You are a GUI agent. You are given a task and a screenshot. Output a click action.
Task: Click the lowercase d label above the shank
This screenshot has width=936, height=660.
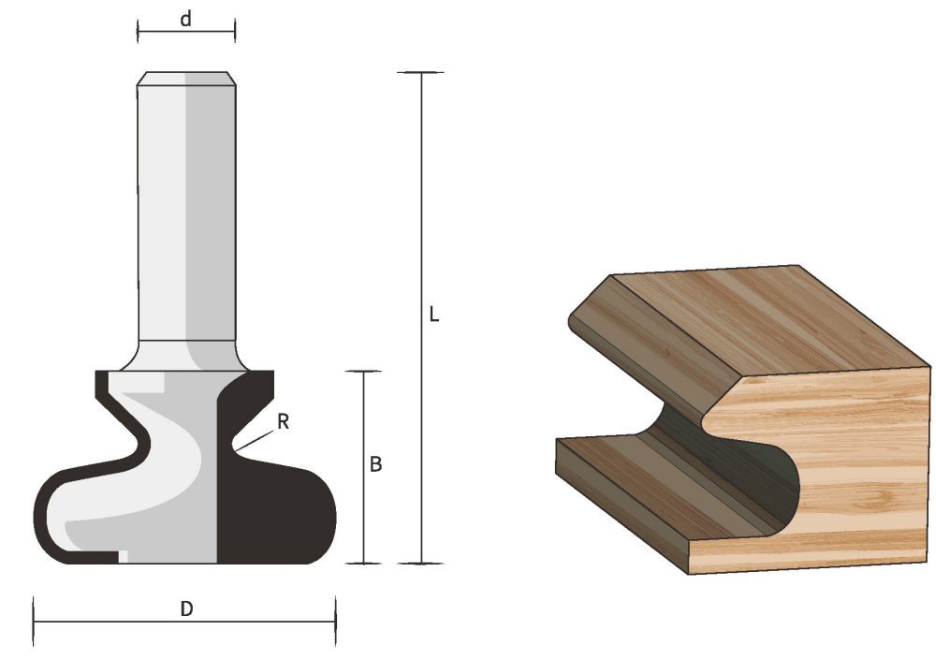[x=186, y=19]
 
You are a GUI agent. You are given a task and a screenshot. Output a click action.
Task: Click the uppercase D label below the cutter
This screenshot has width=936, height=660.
[x=186, y=609]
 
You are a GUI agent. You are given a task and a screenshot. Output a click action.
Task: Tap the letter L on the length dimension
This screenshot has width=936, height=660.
[x=433, y=315]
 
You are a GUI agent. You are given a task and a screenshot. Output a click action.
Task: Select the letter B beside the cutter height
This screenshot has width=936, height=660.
[x=375, y=464]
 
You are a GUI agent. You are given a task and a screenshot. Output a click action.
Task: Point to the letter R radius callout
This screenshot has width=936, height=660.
[x=283, y=422]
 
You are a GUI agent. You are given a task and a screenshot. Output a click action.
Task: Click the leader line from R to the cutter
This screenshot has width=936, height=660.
[x=255, y=440]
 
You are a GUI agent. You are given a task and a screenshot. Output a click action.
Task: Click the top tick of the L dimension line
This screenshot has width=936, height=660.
[x=420, y=73]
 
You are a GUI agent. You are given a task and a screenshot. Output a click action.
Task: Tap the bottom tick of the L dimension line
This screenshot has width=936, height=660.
[x=420, y=564]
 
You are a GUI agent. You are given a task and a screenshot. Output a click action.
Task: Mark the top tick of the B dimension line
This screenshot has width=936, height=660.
[x=363, y=372]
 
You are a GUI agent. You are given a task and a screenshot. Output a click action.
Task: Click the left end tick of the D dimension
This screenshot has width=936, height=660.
[x=34, y=621]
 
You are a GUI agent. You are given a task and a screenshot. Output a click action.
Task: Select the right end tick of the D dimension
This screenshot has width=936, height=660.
[x=335, y=621]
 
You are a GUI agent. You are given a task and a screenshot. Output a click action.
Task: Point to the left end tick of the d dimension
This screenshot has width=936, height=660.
[x=138, y=31]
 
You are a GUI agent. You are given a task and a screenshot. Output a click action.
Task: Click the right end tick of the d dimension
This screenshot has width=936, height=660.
[x=235, y=31]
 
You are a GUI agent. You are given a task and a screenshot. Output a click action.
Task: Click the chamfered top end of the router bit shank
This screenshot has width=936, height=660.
[x=186, y=79]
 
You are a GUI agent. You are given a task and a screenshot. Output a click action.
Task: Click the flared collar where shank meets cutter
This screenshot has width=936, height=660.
[x=186, y=356]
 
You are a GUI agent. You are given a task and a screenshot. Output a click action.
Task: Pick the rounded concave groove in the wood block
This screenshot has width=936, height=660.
[x=739, y=468]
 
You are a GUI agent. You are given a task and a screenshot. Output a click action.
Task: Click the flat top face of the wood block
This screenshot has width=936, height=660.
[x=749, y=318]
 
